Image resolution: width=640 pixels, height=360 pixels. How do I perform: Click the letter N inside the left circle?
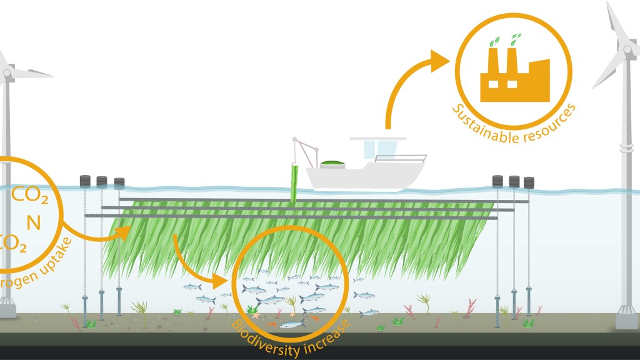point(33,221)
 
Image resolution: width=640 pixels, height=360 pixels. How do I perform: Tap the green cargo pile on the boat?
point(333,164)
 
